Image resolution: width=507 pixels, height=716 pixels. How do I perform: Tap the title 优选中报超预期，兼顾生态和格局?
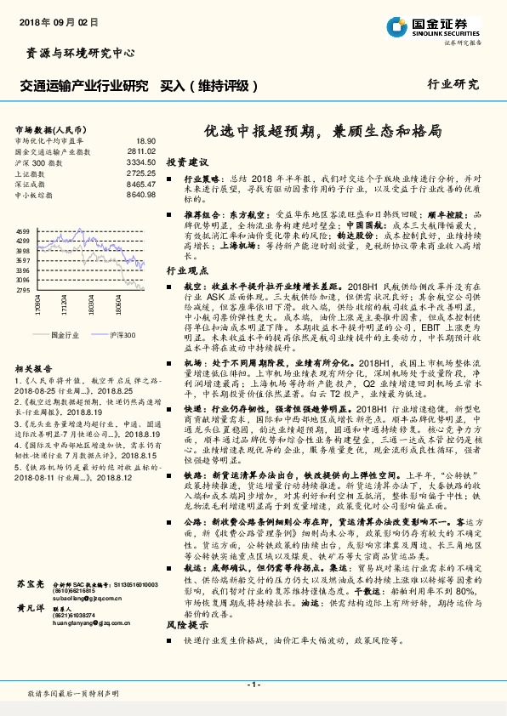point(322,132)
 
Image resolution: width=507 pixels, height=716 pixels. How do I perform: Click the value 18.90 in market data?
point(145,140)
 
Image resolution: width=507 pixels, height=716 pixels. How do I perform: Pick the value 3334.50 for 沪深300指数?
point(140,162)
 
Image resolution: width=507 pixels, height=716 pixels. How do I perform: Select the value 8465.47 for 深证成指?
point(140,184)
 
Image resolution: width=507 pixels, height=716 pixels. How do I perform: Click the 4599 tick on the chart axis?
point(23,231)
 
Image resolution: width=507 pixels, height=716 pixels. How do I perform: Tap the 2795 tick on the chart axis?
point(23,290)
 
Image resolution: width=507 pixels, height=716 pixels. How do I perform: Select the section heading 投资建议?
point(186,161)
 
